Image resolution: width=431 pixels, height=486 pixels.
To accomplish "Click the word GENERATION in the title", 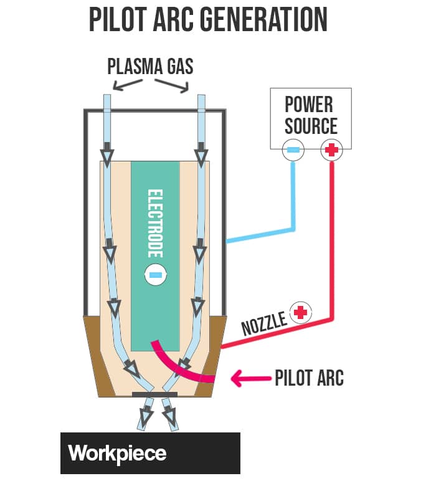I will click(x=270, y=19).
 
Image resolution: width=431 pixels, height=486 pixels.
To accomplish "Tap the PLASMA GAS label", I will click(x=150, y=66).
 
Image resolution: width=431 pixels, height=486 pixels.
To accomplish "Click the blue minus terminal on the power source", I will click(x=292, y=150).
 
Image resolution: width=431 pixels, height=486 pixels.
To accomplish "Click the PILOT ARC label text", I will click(x=309, y=378).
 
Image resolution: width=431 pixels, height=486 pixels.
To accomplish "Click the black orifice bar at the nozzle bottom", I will click(x=155, y=394).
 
